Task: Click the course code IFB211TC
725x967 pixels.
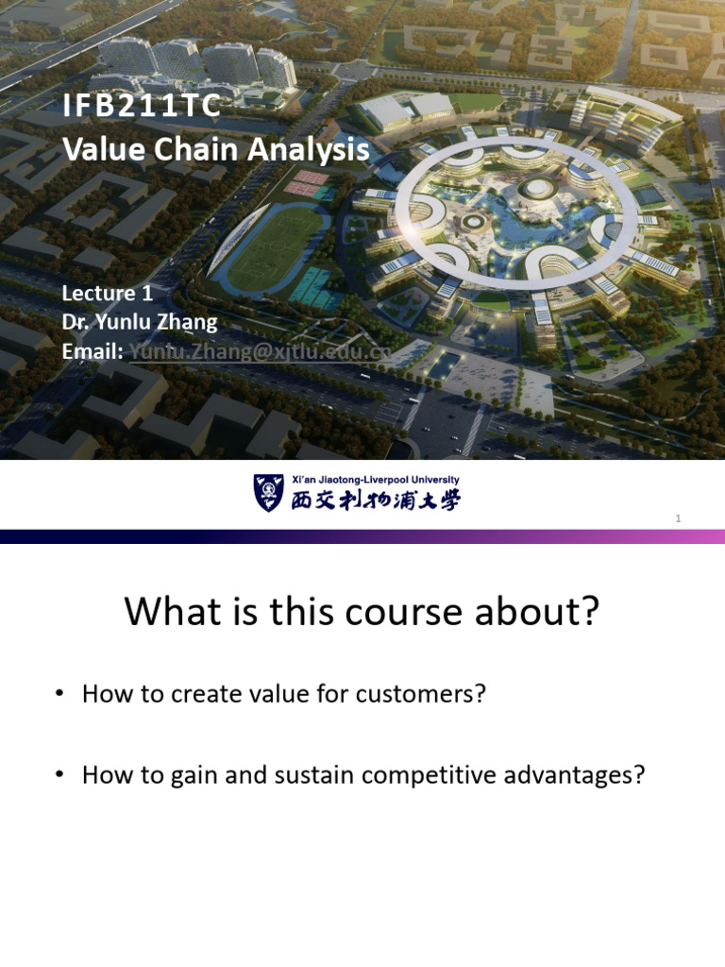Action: (141, 107)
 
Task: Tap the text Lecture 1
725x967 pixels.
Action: (107, 293)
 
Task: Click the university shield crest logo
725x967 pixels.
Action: (268, 493)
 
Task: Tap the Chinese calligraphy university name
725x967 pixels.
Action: (374, 500)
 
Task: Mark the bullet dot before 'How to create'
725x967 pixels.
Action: (59, 695)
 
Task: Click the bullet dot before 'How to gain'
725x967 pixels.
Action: (59, 776)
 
